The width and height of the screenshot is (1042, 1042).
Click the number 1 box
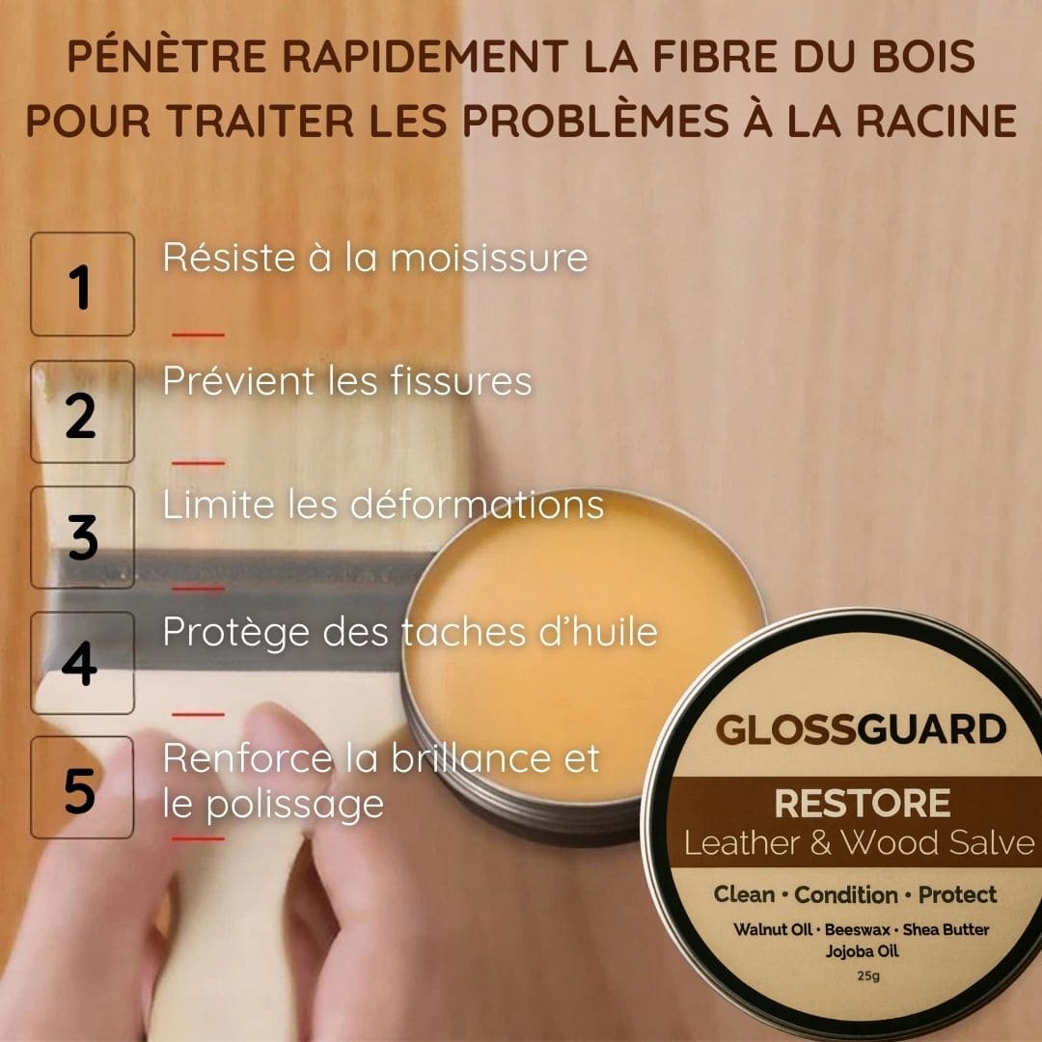tap(82, 285)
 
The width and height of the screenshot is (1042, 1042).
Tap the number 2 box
tap(82, 412)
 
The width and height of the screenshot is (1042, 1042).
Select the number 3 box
tap(82, 537)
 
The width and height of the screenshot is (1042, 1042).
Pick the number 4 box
tap(82, 663)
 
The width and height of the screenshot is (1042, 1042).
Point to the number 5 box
tap(82, 787)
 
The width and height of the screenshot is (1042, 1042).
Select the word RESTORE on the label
tap(862, 803)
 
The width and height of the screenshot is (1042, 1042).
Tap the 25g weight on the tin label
tap(862, 975)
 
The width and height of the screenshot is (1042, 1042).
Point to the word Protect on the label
tap(957, 894)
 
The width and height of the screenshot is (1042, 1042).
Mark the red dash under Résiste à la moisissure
tap(198, 335)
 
